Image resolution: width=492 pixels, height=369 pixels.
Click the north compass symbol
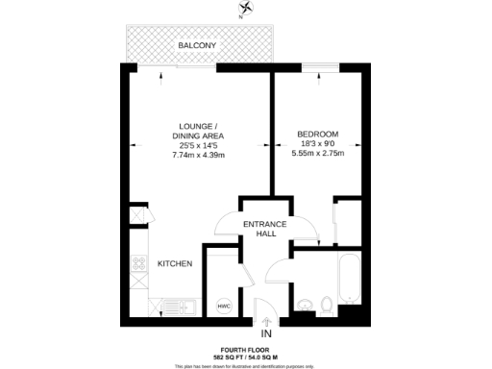249,10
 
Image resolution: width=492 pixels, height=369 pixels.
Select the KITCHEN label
175,263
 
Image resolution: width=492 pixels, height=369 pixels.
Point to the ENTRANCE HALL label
265,229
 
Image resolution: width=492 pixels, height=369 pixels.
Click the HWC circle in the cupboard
223,306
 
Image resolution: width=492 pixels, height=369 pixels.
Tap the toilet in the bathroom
328,305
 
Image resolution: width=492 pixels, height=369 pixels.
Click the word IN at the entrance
266,333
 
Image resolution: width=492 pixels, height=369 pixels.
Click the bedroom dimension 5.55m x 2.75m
317,154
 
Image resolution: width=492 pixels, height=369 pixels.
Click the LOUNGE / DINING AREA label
203,132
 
